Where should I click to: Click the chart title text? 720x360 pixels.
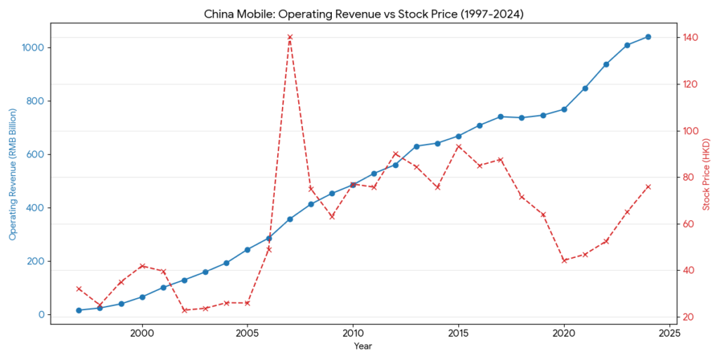pos(360,13)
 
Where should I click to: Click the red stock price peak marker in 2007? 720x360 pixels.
pos(290,37)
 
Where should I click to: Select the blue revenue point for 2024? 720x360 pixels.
pos(648,37)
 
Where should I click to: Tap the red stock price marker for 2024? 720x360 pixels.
pos(648,186)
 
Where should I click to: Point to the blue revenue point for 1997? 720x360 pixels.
pos(79,310)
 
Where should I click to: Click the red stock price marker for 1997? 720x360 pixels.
pos(79,288)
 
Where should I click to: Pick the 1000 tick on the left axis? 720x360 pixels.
pos(33,48)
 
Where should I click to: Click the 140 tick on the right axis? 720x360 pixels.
pos(690,37)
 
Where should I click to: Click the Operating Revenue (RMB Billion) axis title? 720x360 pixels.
pos(13,174)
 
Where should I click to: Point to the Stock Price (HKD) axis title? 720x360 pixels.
pos(707,174)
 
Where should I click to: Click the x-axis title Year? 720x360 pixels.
pos(363,346)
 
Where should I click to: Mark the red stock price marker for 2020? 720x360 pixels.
pos(564,260)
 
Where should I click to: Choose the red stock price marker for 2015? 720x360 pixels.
pos(458,146)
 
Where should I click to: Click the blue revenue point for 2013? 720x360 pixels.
pos(416,146)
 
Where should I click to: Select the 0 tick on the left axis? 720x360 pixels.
pos(41,314)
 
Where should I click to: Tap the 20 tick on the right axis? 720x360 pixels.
pos(688,317)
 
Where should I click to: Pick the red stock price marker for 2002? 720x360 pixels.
pos(184,310)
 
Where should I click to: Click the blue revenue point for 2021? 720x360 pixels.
pos(585,88)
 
